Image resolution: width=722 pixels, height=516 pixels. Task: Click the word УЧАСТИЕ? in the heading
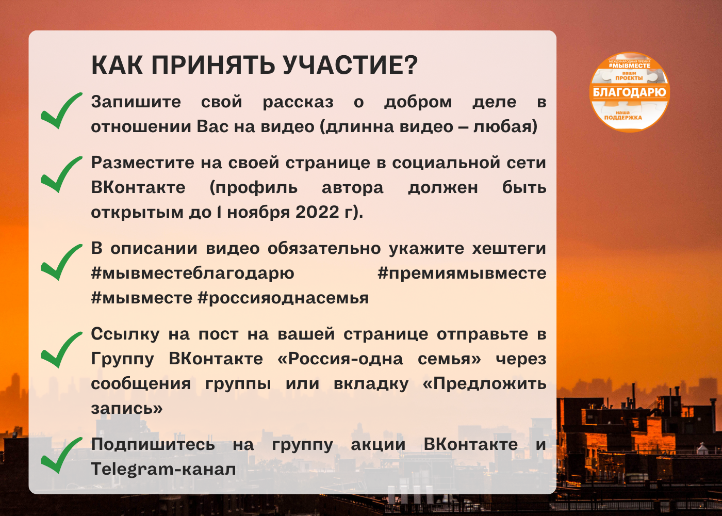coord(350,65)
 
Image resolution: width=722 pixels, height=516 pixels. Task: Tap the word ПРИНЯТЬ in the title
coord(213,65)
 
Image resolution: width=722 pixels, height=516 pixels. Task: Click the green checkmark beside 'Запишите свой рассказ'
coord(61,110)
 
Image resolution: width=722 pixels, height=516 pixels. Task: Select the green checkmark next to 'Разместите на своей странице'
coord(61,174)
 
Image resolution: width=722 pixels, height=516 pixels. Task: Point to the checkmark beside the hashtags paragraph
coord(61,262)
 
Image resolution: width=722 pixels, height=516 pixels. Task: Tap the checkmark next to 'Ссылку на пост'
coord(61,350)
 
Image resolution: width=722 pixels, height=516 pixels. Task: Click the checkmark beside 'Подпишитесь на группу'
coord(61,455)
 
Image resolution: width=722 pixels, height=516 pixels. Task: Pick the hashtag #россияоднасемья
coord(283,298)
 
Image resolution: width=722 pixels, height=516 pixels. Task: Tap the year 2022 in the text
coord(317,212)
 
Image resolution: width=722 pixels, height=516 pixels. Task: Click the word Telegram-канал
coord(163,470)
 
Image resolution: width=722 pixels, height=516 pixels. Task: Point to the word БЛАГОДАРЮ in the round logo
coord(630,92)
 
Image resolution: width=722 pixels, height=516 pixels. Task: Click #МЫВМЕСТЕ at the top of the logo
coord(630,66)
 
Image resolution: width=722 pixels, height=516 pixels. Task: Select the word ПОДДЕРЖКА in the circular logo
coord(623,118)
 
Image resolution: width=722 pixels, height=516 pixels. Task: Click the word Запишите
coord(136,102)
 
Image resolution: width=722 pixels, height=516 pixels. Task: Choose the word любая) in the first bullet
coord(505,126)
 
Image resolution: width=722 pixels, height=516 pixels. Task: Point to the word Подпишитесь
coord(153,445)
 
